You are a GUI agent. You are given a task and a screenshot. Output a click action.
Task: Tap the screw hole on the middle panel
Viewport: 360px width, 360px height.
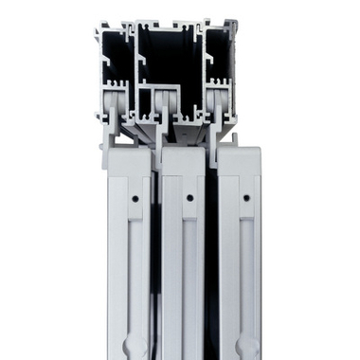click(x=189, y=198)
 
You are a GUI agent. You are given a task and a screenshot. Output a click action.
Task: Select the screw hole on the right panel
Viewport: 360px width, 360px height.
click(x=246, y=198)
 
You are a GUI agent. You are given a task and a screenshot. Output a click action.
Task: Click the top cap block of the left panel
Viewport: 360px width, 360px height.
click(x=128, y=161)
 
